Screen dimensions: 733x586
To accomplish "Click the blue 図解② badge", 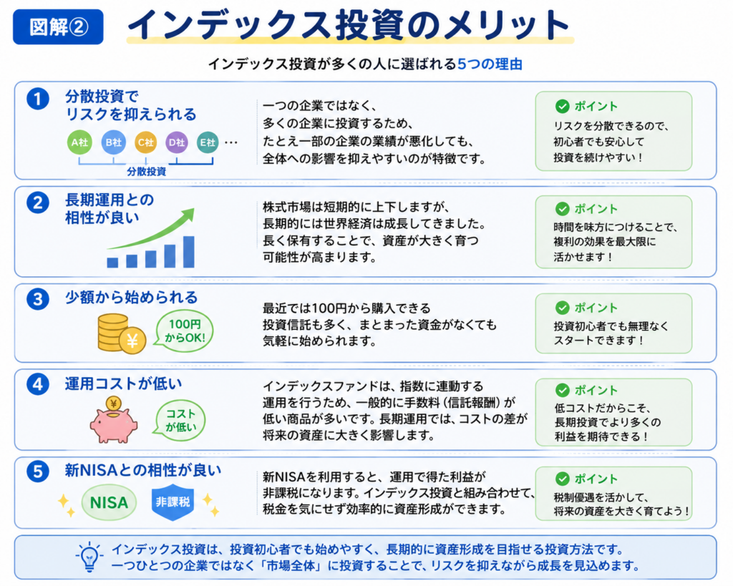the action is pos(58,26).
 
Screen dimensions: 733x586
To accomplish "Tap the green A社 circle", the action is pos(79,142).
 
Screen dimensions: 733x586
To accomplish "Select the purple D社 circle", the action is pos(177,142).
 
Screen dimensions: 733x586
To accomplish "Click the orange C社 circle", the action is pos(145,142).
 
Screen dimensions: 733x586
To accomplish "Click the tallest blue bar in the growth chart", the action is pos(188,252).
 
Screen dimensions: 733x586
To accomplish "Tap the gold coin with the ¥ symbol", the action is pos(132,340).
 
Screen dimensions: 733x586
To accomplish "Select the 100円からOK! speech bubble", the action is pos(184,331).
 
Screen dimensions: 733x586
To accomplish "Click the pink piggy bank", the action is pos(114,421).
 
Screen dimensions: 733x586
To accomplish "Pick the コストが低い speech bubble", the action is pos(180,420).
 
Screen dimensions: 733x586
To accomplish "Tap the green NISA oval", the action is pos(109,502).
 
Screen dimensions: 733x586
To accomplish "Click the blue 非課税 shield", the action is pos(173,502).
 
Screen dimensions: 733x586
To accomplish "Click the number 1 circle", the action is pos(38,99).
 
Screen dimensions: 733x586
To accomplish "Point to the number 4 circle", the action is pos(38,384).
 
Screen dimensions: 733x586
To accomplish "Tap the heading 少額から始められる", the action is pos(132,297).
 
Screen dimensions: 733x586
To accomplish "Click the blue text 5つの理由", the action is pos(490,64).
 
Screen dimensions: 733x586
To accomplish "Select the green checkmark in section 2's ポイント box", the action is pos(563,209).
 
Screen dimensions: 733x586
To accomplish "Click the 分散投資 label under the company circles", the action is pos(146,172).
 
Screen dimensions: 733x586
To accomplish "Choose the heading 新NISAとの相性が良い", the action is pos(142,470).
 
